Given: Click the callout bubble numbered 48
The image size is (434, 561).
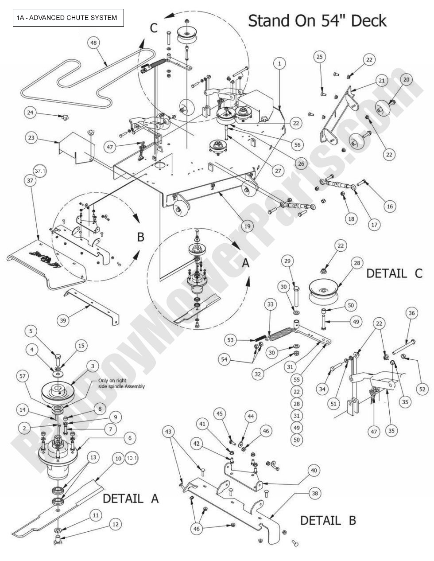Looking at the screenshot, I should pos(93,43).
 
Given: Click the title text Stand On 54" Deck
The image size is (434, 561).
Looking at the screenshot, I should pos(317,21).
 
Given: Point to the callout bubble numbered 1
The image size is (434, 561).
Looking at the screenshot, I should pos(279,63).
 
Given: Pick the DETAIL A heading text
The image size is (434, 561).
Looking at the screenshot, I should pos(131,499).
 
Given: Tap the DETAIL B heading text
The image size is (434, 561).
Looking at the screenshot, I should pos(328,520).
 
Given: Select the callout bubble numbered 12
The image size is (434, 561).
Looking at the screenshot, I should pos(115,524).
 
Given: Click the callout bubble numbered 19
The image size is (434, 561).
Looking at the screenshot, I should pos(247,226).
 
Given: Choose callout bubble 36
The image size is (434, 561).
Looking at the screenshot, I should pos(411,313).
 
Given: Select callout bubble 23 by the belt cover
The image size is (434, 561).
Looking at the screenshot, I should pos(31,138).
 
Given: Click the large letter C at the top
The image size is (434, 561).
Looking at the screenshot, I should pos(154,28).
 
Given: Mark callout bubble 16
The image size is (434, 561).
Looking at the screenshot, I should pos(390,206).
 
